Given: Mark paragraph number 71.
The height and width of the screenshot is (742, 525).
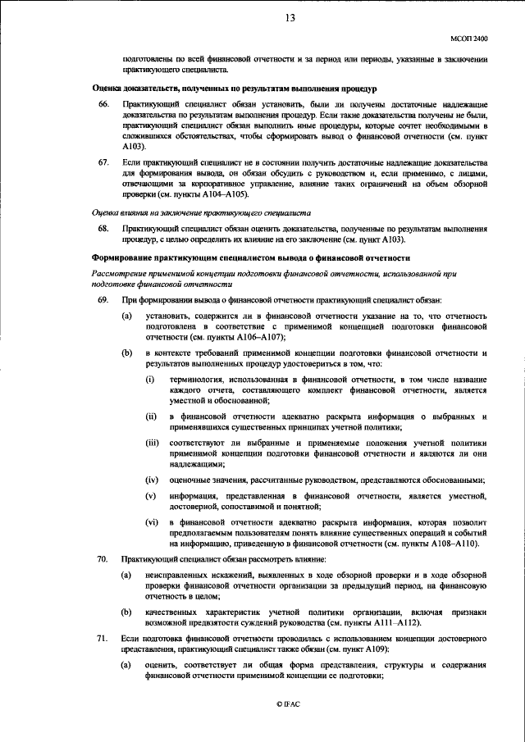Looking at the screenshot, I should pyautogui.click(x=103, y=637).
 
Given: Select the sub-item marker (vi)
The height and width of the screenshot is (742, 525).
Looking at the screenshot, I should pyautogui.click(x=151, y=522).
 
